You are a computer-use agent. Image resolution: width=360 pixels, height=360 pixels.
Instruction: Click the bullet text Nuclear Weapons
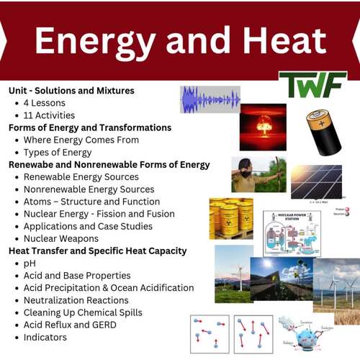[61, 238]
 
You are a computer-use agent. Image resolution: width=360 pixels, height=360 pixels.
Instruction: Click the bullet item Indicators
[48, 337]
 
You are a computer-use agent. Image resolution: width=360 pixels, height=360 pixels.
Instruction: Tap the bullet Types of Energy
[58, 152]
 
